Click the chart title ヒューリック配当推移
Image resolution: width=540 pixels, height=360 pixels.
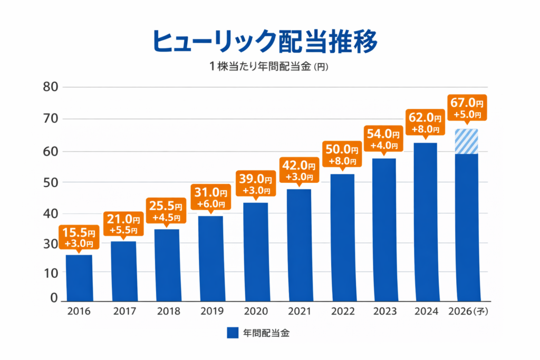pos(265,41)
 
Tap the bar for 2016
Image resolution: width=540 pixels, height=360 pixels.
pos(79,277)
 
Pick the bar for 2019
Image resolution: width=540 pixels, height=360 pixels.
pos(210,258)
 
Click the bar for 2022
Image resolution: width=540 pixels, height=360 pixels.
pos(342,237)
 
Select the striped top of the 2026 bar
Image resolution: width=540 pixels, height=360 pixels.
pos(467,141)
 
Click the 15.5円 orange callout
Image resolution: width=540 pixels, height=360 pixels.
pos(79,237)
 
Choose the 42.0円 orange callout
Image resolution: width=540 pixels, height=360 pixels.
pos(298,170)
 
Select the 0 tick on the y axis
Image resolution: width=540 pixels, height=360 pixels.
pos(53,298)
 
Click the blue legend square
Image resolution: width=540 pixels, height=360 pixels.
pos(233,333)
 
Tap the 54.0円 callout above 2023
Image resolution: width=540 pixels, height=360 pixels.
pos(383,139)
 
